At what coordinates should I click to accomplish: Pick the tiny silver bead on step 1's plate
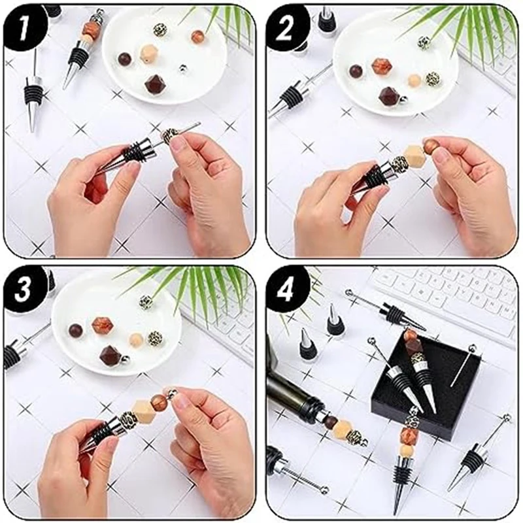(182, 68)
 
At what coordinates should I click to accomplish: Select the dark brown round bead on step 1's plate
(125, 59)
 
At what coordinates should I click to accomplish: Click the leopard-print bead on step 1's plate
(160, 31)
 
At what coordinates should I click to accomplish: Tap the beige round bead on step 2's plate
(414, 80)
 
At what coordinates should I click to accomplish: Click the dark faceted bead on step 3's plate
(110, 354)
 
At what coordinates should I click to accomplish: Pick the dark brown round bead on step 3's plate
(75, 330)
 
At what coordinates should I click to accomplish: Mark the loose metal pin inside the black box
(463, 367)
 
